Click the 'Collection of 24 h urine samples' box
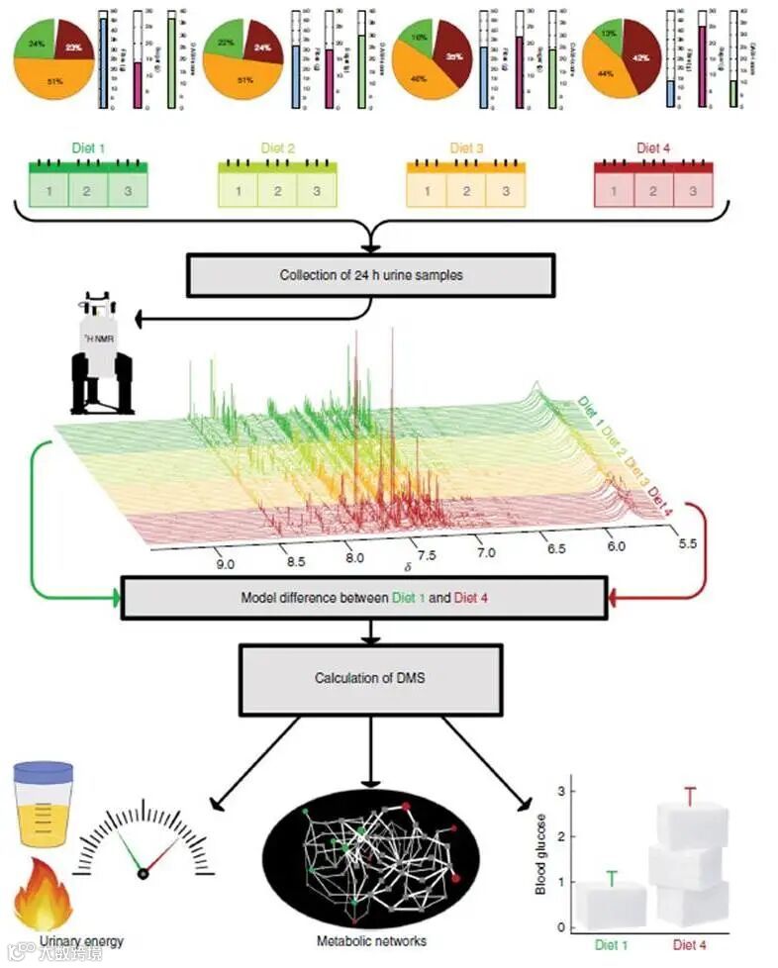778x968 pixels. click(x=368, y=274)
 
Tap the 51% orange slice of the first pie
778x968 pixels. click(x=56, y=77)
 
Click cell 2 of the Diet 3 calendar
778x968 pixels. click(x=466, y=190)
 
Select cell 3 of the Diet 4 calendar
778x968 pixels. click(x=693, y=190)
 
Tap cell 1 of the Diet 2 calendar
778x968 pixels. click(x=239, y=190)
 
